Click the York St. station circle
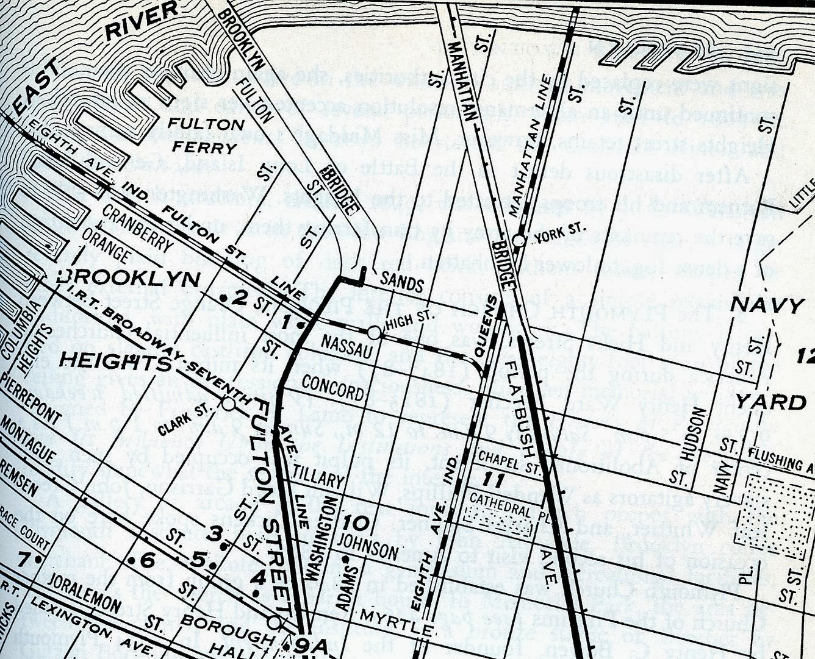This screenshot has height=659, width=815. click(x=519, y=241)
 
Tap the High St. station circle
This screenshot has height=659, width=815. click(x=374, y=332)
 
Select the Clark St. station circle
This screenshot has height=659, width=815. click(x=228, y=404)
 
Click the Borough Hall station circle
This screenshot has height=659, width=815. click(x=275, y=622)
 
